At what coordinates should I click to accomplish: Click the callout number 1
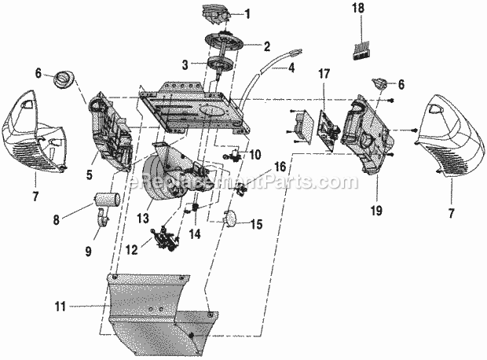pos(248,13)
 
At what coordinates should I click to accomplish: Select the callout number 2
pos(266,46)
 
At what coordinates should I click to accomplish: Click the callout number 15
pos(257,224)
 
